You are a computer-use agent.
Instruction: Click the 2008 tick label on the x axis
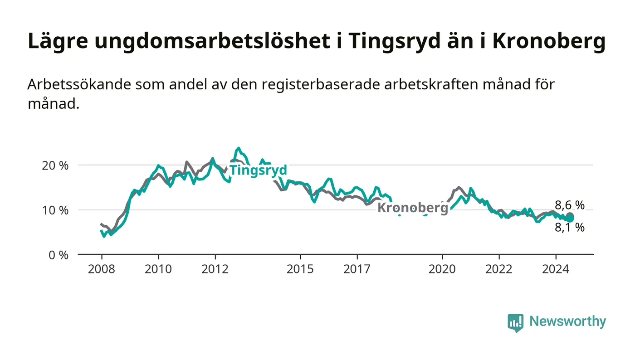[102, 269]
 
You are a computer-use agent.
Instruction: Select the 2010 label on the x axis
[158, 269]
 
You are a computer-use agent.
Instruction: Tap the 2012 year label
[215, 269]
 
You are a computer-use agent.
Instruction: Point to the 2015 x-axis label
[300, 269]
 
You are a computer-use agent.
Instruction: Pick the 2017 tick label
[357, 269]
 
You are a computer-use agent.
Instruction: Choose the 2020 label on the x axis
[442, 269]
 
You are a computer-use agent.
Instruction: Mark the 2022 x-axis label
[499, 269]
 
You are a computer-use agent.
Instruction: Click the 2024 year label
[556, 269]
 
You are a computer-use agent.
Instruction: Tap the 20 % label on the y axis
[55, 165]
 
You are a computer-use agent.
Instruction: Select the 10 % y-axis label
[55, 210]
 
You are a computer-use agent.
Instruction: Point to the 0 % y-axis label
[59, 255]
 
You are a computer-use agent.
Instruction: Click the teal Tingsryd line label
[258, 170]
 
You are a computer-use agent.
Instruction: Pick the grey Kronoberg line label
[413, 208]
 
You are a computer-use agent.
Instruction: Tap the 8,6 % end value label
[570, 205]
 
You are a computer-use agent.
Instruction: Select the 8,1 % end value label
[570, 227]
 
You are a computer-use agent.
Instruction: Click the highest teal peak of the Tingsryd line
[239, 148]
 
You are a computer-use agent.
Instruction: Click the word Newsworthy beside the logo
[567, 321]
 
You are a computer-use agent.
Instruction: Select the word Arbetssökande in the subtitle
[79, 84]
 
